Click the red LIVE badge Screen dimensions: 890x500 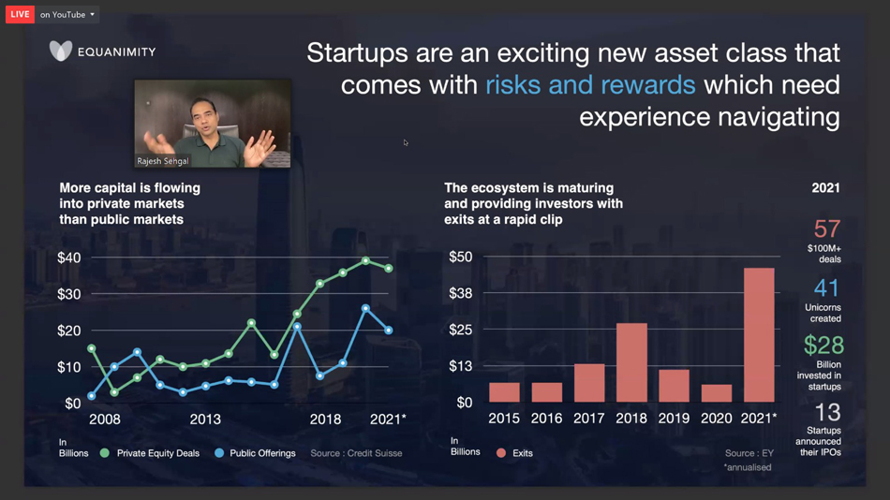20,14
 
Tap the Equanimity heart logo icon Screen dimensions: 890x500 61,51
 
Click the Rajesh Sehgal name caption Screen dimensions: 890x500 162,161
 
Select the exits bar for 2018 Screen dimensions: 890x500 631,362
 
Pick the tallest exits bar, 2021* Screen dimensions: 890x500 759,335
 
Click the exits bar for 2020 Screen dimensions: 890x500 717,393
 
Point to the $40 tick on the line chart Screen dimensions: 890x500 69,257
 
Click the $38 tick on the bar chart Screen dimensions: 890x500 460,293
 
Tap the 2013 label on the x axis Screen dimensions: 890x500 205,419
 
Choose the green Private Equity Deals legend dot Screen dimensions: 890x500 104,453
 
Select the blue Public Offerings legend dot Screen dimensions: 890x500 219,453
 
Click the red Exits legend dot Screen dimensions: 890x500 500,453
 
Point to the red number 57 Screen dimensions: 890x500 827,229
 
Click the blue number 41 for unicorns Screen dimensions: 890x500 826,288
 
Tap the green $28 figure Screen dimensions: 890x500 823,346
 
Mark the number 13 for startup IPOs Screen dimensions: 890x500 827,412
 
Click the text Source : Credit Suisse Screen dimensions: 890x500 356,453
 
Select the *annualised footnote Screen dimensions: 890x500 748,467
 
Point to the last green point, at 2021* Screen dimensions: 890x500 389,269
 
